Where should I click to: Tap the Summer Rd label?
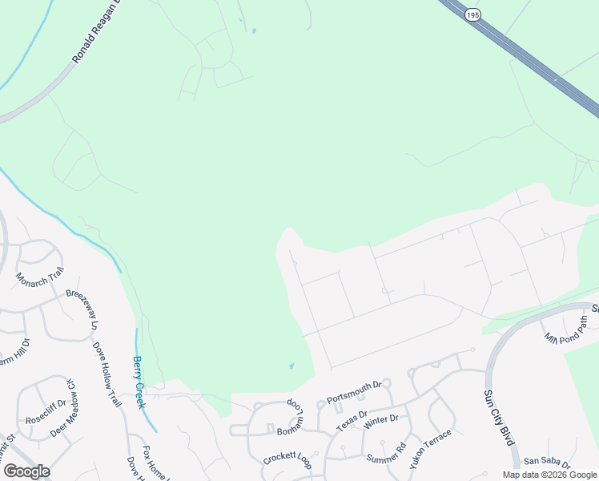[x=387, y=454]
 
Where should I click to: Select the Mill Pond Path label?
[x=566, y=329]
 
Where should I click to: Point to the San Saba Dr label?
[x=546, y=463]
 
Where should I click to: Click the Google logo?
[x=26, y=471]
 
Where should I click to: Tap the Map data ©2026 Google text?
[x=549, y=475]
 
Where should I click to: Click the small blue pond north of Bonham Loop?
[x=291, y=366]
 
